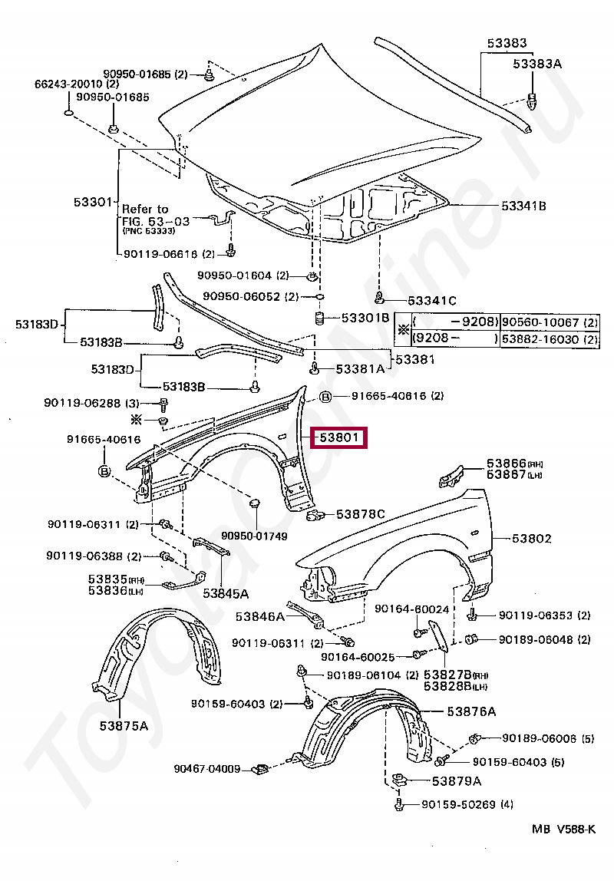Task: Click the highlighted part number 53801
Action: tap(338, 439)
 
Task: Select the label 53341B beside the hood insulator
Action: tap(524, 206)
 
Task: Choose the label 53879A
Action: tap(457, 781)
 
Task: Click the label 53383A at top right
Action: tap(537, 64)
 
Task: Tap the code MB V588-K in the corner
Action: tap(564, 829)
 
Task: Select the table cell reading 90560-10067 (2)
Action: tap(550, 322)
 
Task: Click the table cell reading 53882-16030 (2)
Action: tap(550, 338)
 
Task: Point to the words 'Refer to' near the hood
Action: tap(145, 209)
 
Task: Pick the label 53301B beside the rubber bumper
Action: tap(365, 317)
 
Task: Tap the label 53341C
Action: tap(432, 300)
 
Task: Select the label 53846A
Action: tap(260, 616)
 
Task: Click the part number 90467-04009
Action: tap(207, 768)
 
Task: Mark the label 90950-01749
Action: tap(254, 536)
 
